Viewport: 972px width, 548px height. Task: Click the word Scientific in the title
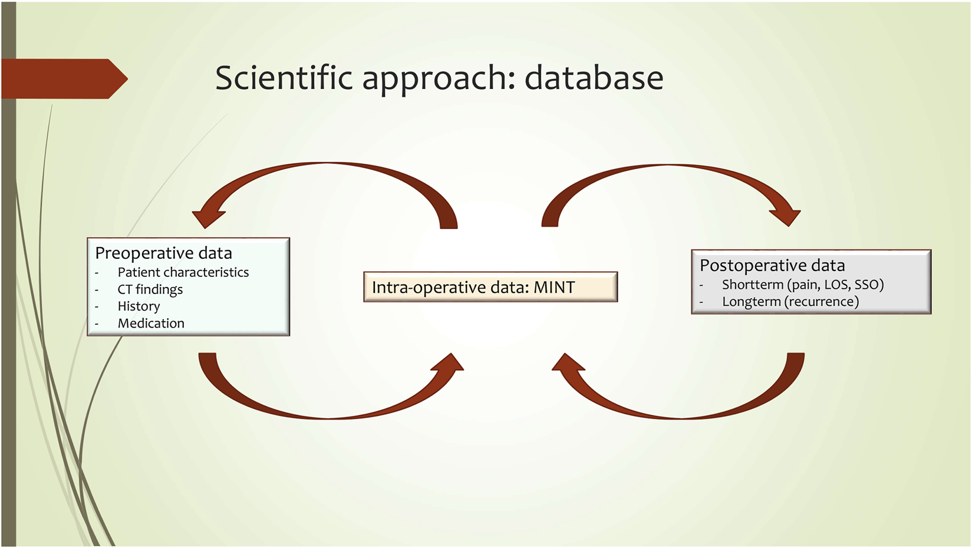(x=284, y=78)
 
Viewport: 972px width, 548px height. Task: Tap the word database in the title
(x=594, y=78)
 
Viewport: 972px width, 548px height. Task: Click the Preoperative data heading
(x=164, y=253)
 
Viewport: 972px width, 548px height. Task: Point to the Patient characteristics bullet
(x=183, y=272)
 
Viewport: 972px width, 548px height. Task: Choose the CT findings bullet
(x=150, y=289)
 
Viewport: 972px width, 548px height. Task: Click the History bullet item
(x=139, y=306)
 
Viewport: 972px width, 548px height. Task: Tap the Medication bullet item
(x=151, y=323)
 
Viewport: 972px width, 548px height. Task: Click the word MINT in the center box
(x=554, y=287)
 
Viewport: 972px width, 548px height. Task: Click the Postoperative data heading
(x=772, y=265)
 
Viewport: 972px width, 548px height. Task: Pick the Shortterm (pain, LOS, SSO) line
(x=803, y=285)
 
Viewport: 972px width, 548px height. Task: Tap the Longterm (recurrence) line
(x=790, y=302)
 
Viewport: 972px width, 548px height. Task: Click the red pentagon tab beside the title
(x=65, y=78)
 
